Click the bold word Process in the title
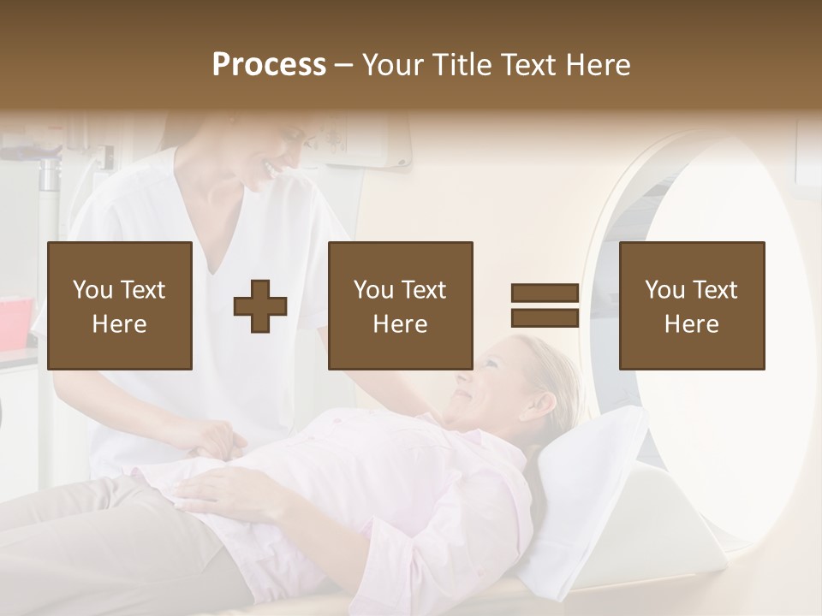point(269,65)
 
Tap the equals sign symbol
point(545,306)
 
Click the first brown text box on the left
point(120,306)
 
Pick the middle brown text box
point(400,306)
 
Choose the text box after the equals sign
point(691,306)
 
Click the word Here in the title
point(599,65)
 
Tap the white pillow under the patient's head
point(591,479)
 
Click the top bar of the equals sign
point(545,294)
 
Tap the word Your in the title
point(390,65)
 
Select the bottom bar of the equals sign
point(545,318)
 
